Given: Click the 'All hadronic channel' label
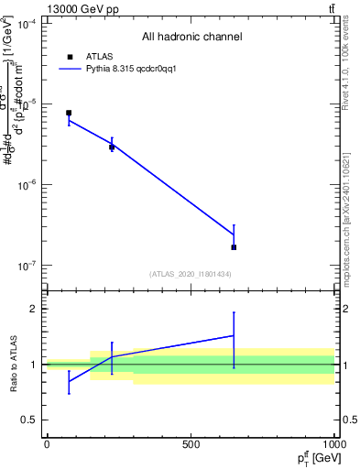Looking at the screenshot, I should (x=191, y=37).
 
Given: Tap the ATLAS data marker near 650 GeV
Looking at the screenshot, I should (x=234, y=247).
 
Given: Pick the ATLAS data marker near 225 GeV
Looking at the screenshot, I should (x=112, y=147).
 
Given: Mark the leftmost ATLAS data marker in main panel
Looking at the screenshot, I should (x=69, y=113).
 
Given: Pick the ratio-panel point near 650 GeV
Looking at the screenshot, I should (x=234, y=335).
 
